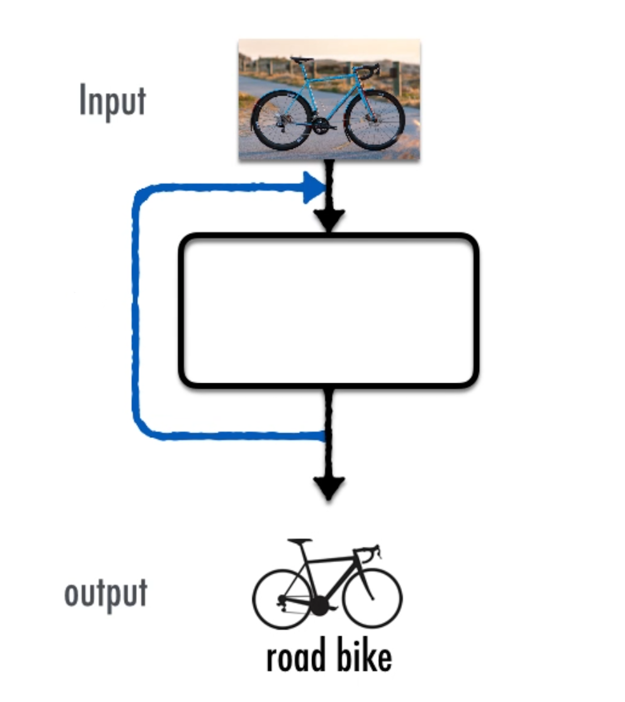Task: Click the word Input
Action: [112, 101]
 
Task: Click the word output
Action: [106, 594]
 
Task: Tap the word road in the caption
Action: [296, 656]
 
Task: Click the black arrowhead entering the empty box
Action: [329, 219]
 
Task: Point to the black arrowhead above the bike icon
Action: [329, 488]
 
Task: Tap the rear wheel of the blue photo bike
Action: [281, 120]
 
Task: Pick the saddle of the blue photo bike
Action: [301, 59]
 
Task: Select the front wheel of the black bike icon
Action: [372, 598]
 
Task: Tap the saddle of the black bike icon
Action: [300, 541]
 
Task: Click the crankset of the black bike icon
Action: [320, 606]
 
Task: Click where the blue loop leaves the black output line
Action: [325, 436]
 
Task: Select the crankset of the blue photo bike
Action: [321, 125]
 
